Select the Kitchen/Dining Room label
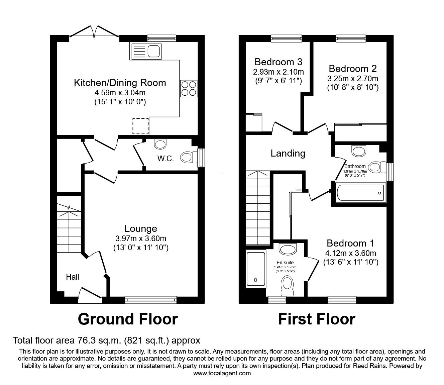pyautogui.click(x=120, y=83)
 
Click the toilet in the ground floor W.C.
pyautogui.click(x=189, y=157)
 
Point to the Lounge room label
pyautogui.click(x=140, y=228)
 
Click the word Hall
pyautogui.click(x=73, y=277)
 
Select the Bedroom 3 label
pyautogui.click(x=278, y=62)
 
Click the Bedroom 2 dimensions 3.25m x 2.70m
pyautogui.click(x=353, y=79)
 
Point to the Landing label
pyautogui.click(x=288, y=153)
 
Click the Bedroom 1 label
pyautogui.click(x=350, y=243)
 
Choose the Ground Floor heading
pyautogui.click(x=127, y=319)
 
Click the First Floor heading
pyautogui.click(x=316, y=319)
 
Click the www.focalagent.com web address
pyautogui.click(x=222, y=373)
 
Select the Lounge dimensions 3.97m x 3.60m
pyautogui.click(x=140, y=238)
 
